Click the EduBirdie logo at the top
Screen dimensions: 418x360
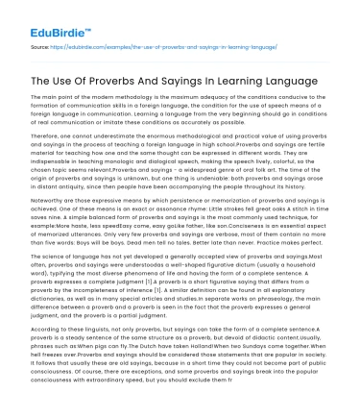click(45, 17)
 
